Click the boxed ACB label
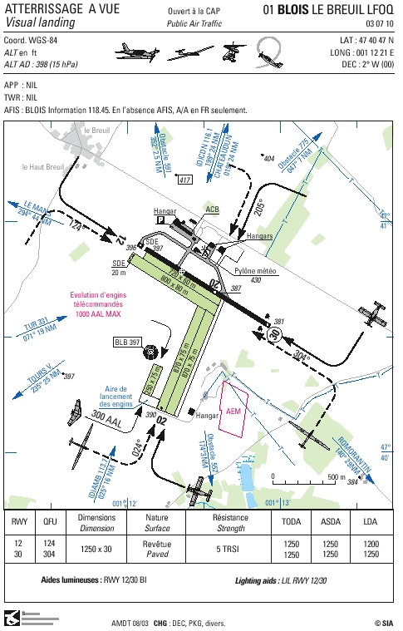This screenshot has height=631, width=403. [x=213, y=210]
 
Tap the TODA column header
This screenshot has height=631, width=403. [x=292, y=523]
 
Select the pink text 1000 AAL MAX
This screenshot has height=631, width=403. [x=101, y=314]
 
